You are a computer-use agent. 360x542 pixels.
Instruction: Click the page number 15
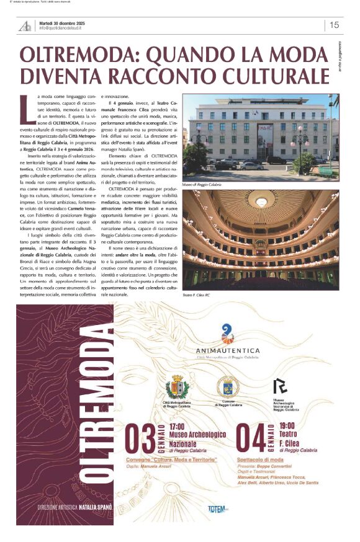335,25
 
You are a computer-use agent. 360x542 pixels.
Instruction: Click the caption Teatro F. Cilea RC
197,295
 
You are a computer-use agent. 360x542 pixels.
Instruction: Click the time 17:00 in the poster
177,427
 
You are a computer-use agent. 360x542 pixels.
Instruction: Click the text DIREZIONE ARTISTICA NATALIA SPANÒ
74,507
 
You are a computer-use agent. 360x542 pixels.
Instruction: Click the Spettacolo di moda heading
258,460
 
